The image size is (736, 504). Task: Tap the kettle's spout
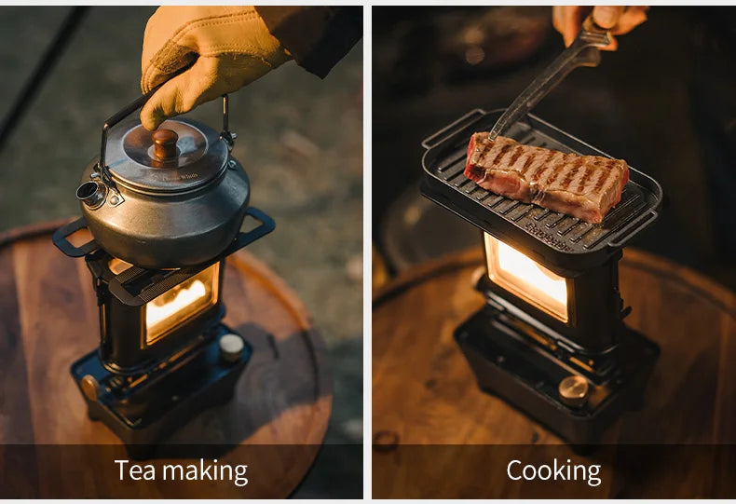91,193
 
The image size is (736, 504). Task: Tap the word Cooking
553,470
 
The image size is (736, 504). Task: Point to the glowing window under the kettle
181,302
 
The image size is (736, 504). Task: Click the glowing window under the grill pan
525,278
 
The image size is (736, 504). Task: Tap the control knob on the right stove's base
573,388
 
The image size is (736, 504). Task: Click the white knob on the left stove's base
231,346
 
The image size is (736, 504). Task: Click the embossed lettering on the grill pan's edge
549,228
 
